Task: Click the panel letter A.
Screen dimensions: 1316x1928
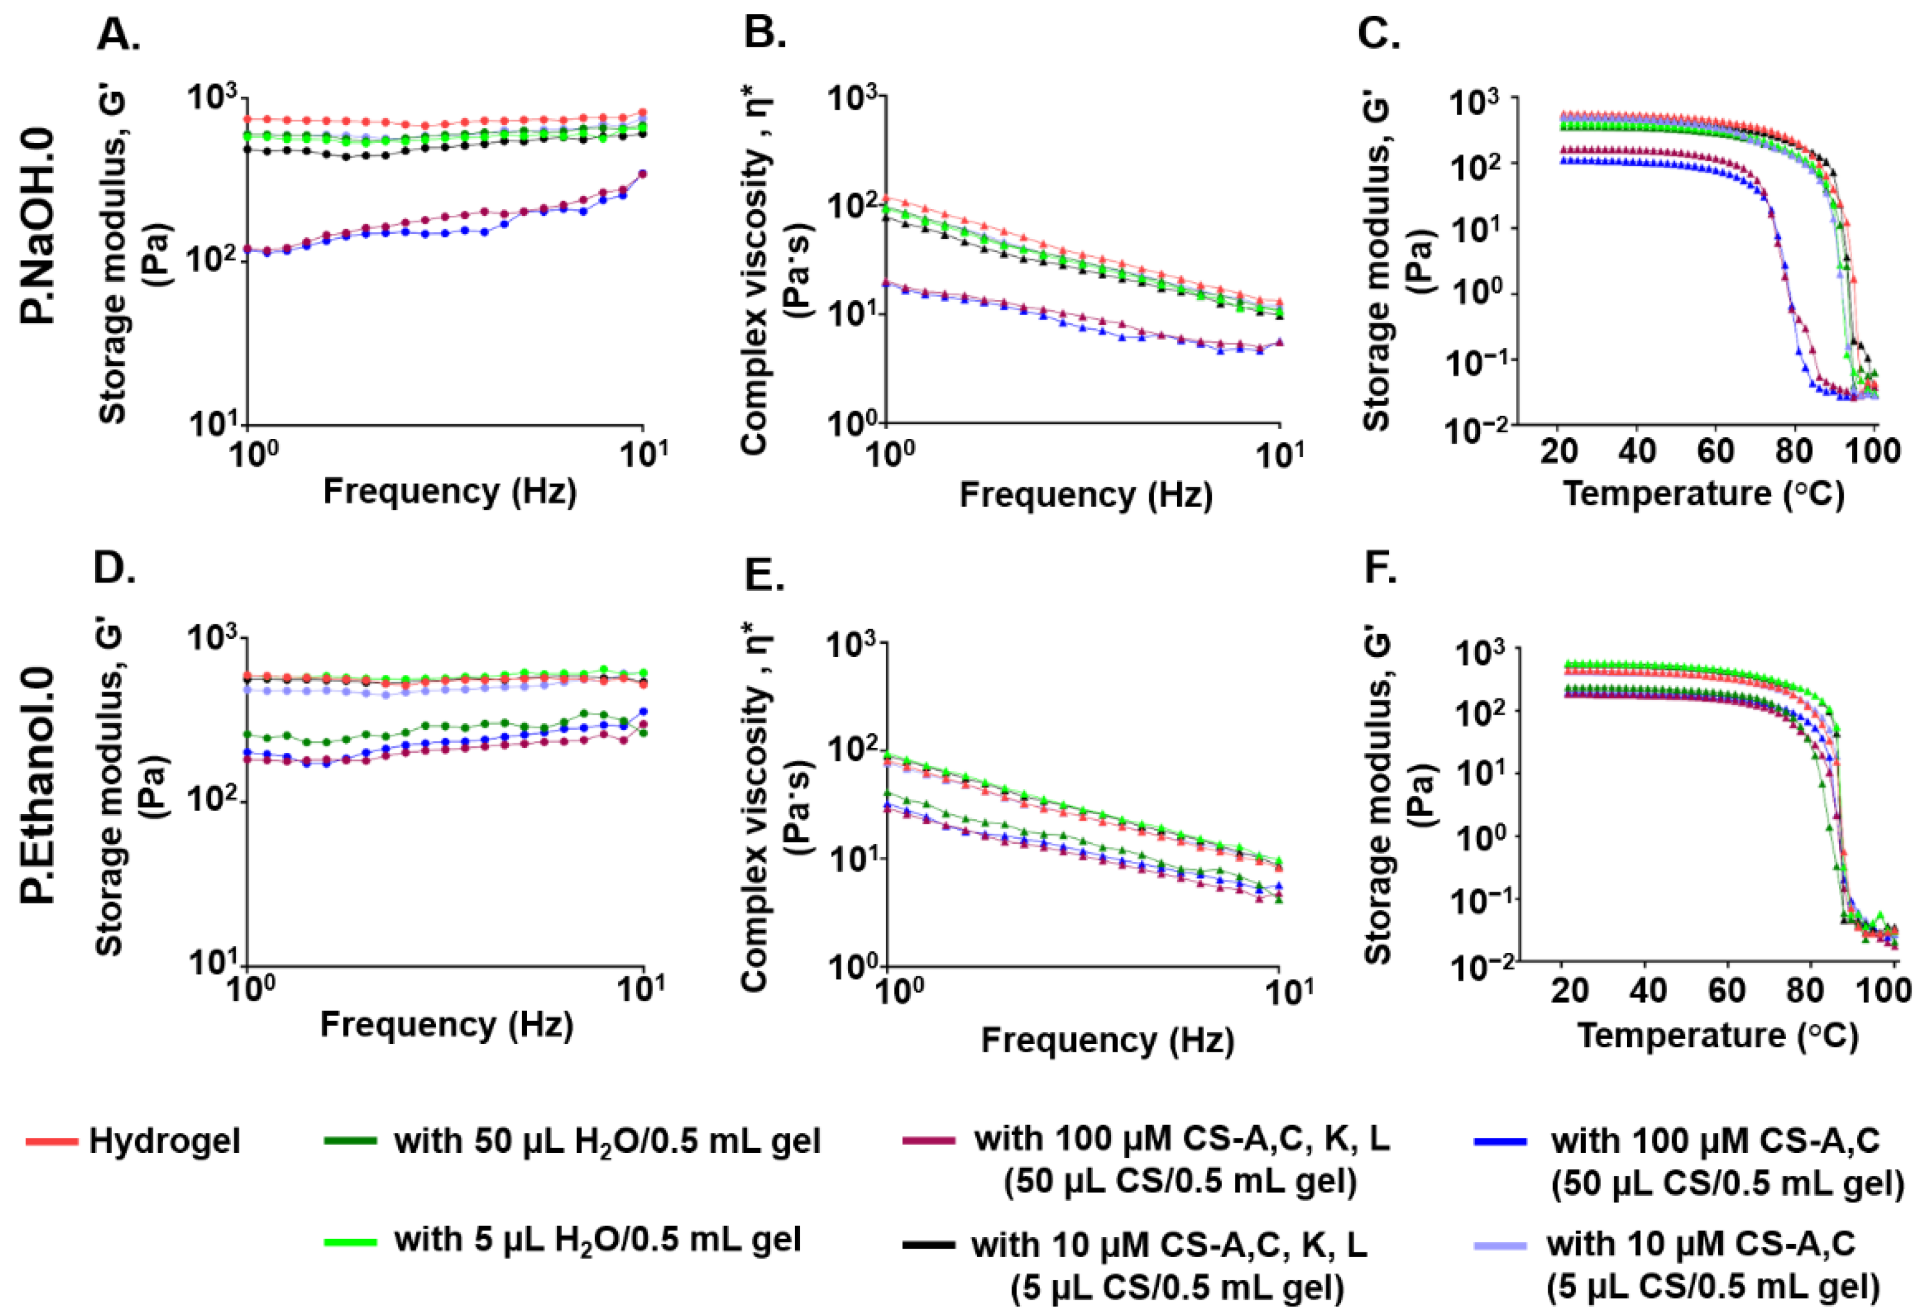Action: tap(119, 35)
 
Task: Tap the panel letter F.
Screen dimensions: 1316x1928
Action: tap(1380, 570)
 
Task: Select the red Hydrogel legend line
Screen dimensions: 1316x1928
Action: tap(52, 1142)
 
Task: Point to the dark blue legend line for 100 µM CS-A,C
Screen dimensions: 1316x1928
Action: tap(1500, 1142)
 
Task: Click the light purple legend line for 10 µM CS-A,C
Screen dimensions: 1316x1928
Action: tap(1500, 1244)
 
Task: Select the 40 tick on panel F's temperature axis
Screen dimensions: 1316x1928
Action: tap(1648, 990)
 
